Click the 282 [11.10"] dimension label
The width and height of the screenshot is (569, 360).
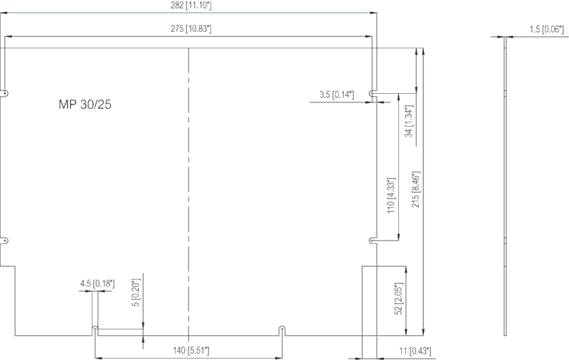(x=191, y=6)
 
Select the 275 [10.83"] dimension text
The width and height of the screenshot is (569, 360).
(x=191, y=28)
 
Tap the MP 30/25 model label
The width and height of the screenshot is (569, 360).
(x=85, y=105)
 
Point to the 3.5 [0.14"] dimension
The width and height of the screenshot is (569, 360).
(x=336, y=95)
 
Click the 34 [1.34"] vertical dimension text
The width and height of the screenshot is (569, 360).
(x=409, y=121)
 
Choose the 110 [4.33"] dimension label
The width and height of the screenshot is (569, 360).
(x=390, y=195)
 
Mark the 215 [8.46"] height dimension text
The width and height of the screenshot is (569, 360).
(x=416, y=189)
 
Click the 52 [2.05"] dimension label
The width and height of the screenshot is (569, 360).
(x=398, y=299)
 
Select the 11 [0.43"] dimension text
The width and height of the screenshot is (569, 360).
(x=415, y=351)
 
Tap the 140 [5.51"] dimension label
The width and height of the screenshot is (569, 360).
(x=191, y=351)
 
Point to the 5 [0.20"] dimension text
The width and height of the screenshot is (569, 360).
(x=135, y=292)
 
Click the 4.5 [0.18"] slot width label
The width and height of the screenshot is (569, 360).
(x=97, y=283)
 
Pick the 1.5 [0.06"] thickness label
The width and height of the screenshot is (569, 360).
(x=547, y=29)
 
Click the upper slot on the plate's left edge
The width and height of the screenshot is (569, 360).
(x=4, y=94)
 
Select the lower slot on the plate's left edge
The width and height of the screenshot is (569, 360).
(x=4, y=240)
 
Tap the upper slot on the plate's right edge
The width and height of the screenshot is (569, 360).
(x=373, y=94)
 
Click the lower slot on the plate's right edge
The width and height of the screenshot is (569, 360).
(x=373, y=240)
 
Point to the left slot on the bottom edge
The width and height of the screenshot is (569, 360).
(x=95, y=331)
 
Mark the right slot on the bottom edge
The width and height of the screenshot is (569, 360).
(x=282, y=331)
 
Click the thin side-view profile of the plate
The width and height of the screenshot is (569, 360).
(x=505, y=186)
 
